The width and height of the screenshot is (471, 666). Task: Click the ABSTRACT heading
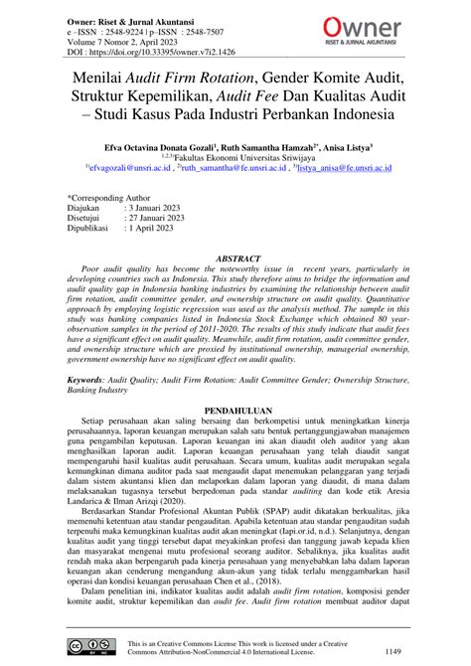235,258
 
